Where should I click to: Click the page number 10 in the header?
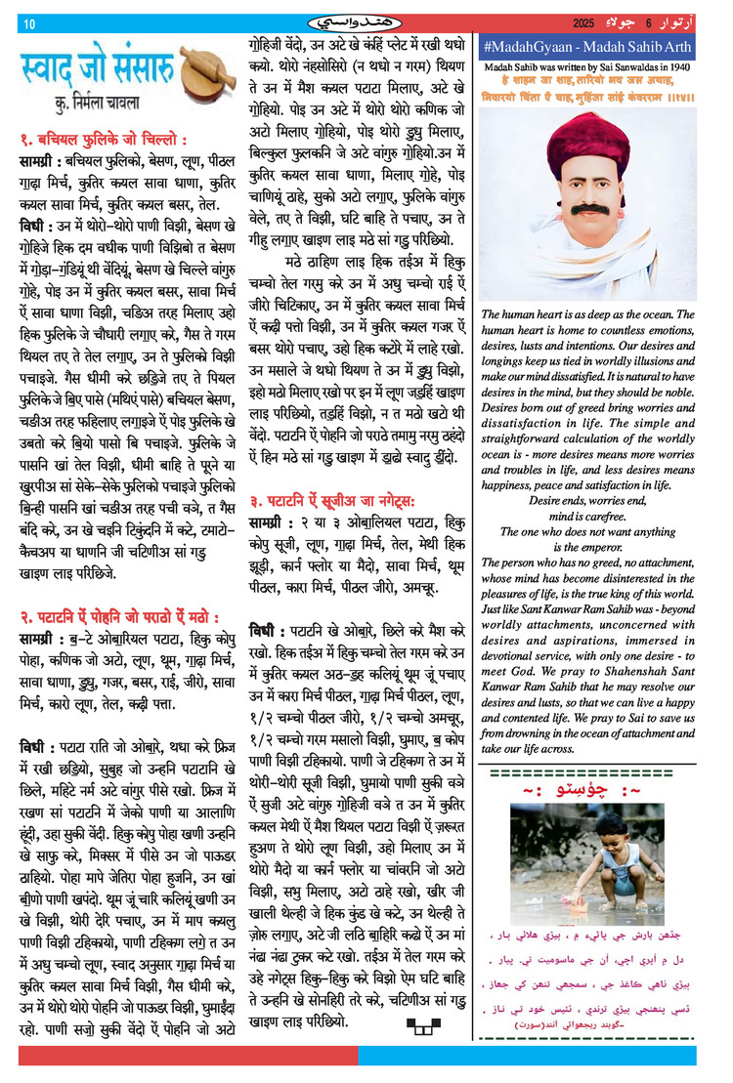[x=29, y=23]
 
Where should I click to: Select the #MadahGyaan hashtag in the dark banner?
[x=532, y=47]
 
